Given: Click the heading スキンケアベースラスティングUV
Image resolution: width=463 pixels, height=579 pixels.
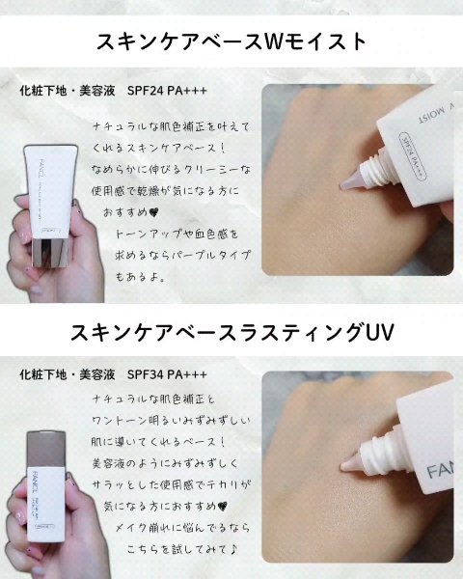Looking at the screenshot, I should (x=231, y=333).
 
